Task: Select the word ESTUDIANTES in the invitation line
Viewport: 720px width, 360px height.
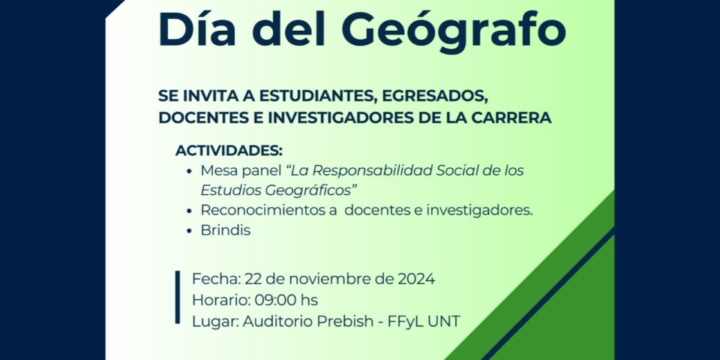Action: [x=316, y=97]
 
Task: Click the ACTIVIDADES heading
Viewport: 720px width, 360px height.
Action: [x=229, y=151]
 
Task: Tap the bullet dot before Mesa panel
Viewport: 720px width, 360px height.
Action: [x=189, y=171]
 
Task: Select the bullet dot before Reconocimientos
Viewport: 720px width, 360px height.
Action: [x=189, y=211]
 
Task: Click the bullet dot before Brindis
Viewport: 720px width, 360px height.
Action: [x=189, y=230]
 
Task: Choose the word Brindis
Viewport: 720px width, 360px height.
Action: [x=226, y=230]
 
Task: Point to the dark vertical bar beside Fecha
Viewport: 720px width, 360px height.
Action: [x=178, y=297]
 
